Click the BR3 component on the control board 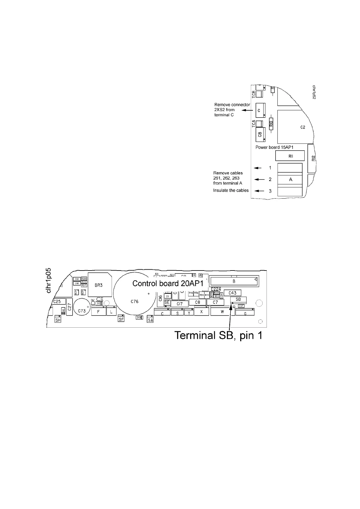click(99, 285)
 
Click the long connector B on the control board click(233, 281)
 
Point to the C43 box click(232, 293)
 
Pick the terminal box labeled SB click(238, 300)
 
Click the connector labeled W click(222, 311)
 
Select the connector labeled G click(245, 313)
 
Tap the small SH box click(58, 320)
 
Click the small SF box click(121, 319)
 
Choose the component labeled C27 click(69, 308)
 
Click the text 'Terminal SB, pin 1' click(218, 335)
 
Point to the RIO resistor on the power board click(271, 124)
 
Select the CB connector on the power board click(260, 134)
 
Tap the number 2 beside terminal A click(270, 179)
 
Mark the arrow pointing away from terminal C click(249, 111)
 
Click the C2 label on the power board click(303, 127)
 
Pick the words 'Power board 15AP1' click(275, 148)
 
